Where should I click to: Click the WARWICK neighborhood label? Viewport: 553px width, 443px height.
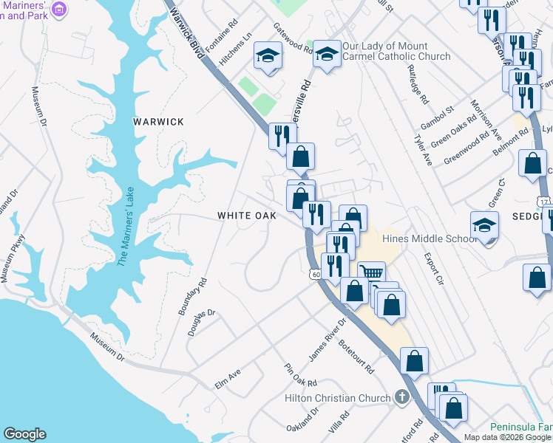coord(158,122)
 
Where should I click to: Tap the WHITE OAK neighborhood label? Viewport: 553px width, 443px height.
coord(246,216)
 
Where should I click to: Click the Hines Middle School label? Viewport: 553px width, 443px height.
coord(430,238)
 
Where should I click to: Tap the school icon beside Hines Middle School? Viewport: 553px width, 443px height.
coord(485,225)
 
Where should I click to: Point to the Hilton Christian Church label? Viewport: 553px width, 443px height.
coord(338,399)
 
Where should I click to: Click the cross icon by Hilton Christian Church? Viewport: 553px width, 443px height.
coord(401,398)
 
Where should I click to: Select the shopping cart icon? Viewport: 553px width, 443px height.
coord(371,273)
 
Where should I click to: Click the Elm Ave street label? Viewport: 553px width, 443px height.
coord(228,378)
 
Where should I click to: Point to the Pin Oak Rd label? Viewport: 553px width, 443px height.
coord(301,375)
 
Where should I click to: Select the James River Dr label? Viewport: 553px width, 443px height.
coord(328,340)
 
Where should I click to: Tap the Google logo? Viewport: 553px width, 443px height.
coord(24,434)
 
